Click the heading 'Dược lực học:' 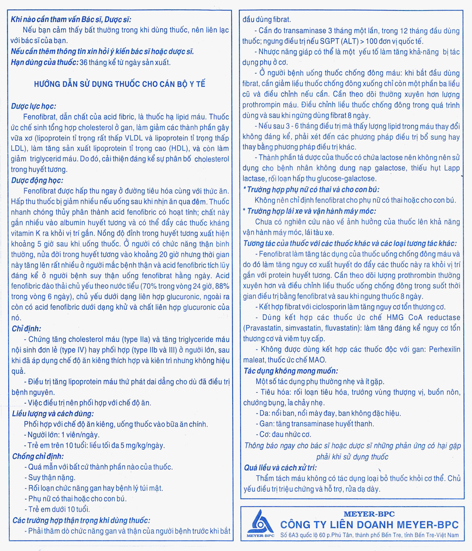pyautogui.click(x=33, y=106)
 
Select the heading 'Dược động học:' pyautogui.click(x=37, y=180)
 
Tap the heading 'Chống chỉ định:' pyautogui.click(x=38, y=456)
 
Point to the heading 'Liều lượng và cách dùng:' pyautogui.click(x=53, y=414)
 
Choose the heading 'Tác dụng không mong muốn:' pyautogui.click(x=291, y=371)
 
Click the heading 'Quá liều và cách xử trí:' pyautogui.click(x=280, y=468)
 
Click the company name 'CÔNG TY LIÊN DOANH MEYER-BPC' pyautogui.click(x=369, y=525)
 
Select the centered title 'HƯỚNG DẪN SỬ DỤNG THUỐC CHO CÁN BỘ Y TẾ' pyautogui.click(x=119, y=84)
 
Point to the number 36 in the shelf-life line pyautogui.click(x=83, y=62)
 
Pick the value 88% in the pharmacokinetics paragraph pyautogui.click(x=221, y=286)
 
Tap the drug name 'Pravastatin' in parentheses pyautogui.click(x=263, y=328)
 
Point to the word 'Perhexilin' pyautogui.click(x=445, y=349)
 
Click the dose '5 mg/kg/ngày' pyautogui.click(x=143, y=446)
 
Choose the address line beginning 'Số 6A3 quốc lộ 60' pyautogui.click(x=369, y=535)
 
